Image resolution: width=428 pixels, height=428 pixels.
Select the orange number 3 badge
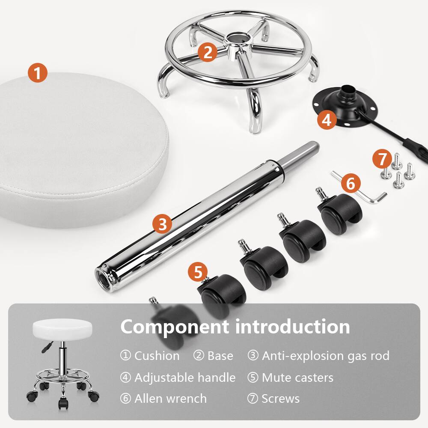162,224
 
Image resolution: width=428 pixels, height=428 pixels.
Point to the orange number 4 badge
327,120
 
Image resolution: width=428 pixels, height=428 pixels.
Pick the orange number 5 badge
198,273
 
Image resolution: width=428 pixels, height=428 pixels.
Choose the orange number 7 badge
382,159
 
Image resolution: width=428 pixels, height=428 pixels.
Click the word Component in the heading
174,327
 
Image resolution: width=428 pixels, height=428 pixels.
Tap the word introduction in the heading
293,327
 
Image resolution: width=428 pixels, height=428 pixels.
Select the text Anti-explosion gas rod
325,356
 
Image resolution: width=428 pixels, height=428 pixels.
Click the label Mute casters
297,377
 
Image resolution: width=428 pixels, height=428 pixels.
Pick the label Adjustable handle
184,377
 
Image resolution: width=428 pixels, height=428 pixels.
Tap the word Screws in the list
280,399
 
